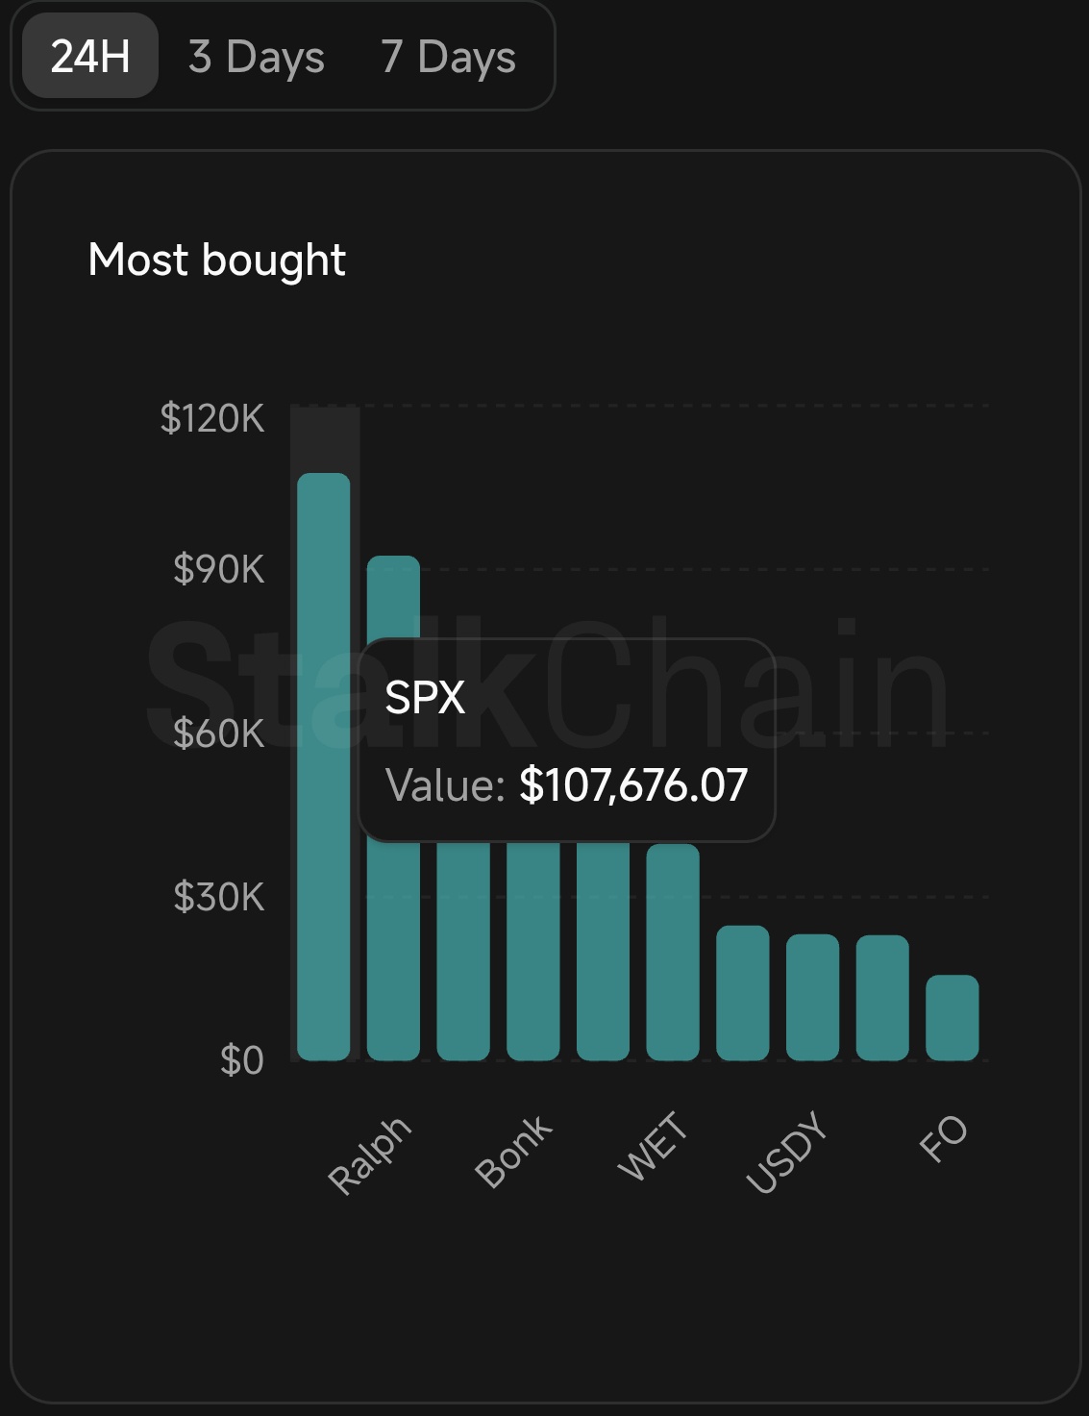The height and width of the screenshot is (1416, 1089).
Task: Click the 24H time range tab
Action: pyautogui.click(x=90, y=56)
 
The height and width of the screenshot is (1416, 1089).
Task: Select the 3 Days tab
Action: pyautogui.click(x=257, y=57)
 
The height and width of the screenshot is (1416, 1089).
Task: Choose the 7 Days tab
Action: pyautogui.click(x=448, y=57)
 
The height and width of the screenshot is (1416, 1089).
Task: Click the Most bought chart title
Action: pyautogui.click(x=216, y=260)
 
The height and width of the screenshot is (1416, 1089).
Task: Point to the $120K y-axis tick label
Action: pyautogui.click(x=211, y=418)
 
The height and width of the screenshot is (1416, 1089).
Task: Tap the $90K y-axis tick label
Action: pyautogui.click(x=218, y=569)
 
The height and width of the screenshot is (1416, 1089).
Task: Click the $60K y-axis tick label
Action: pyautogui.click(x=218, y=733)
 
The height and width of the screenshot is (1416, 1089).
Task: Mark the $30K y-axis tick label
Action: pyautogui.click(x=218, y=897)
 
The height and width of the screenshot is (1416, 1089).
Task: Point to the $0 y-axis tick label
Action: pyautogui.click(x=241, y=1060)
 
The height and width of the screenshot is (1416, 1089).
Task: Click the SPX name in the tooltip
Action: pyautogui.click(x=425, y=697)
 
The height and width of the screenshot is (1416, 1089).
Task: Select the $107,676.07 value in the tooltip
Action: pyautogui.click(x=633, y=785)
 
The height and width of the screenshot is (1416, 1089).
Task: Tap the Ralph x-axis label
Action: pyautogui.click(x=370, y=1155)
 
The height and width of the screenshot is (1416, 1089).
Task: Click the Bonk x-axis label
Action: pyautogui.click(x=514, y=1151)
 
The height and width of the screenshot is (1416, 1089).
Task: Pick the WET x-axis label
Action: pyautogui.click(x=653, y=1146)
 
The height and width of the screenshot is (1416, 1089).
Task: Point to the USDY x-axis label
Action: pyautogui.click(x=787, y=1151)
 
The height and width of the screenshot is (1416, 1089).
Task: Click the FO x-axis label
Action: pyautogui.click(x=943, y=1138)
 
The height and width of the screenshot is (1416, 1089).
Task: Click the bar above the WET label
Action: pyautogui.click(x=673, y=952)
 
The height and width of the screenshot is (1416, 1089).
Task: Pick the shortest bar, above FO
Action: pyautogui.click(x=952, y=1018)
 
